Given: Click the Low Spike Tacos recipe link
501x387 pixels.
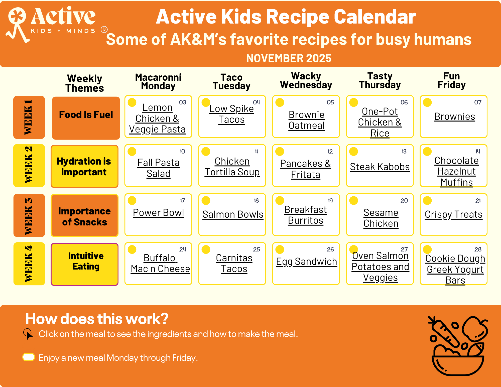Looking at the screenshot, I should pyautogui.click(x=231, y=114).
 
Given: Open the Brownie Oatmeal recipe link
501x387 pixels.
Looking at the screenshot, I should pyautogui.click(x=306, y=120).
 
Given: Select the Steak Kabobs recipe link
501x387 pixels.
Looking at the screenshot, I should pyautogui.click(x=380, y=167).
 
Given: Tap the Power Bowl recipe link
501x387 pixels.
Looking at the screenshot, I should pyautogui.click(x=158, y=213).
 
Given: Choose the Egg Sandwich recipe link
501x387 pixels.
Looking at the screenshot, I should pyautogui.click(x=306, y=262).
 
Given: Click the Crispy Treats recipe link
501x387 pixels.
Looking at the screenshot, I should pyautogui.click(x=453, y=214).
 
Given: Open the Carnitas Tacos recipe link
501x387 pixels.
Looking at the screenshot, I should pyautogui.click(x=234, y=263).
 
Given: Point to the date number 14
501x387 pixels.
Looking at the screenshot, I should pyautogui.click(x=478, y=151).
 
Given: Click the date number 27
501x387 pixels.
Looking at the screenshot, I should pyautogui.click(x=404, y=249).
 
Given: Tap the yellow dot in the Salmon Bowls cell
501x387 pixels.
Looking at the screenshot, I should pyautogui.click(x=206, y=200).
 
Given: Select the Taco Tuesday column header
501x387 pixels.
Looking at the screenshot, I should pyautogui.click(x=231, y=82).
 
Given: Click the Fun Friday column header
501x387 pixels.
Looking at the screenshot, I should pyautogui.click(x=451, y=81).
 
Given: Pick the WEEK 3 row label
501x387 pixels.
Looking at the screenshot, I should pyautogui.click(x=29, y=215).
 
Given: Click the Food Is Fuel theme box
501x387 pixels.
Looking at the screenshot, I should pyautogui.click(x=86, y=118).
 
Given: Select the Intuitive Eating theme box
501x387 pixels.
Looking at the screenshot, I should pyautogui.click(x=85, y=264).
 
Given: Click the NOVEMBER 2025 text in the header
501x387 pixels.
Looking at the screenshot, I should pyautogui.click(x=289, y=58).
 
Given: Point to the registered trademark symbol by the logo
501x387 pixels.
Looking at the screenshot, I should pyautogui.click(x=104, y=30).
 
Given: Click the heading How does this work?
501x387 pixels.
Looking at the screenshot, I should pyautogui.click(x=97, y=319).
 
